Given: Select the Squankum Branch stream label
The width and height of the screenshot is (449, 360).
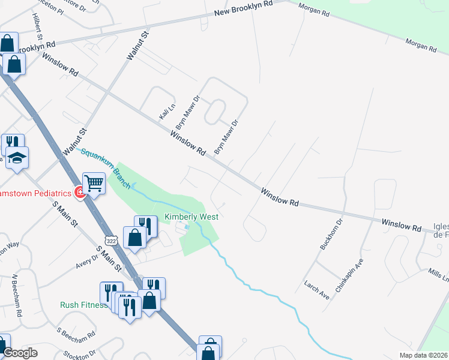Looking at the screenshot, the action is coord(106,168).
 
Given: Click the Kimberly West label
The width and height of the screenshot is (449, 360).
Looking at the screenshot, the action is coord(191,217).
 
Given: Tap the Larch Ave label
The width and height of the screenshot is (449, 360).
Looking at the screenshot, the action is coord(316,292).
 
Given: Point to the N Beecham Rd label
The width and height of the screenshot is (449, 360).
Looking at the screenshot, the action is coord(16,296).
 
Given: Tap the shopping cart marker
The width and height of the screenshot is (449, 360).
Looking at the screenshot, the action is coord(94,182).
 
